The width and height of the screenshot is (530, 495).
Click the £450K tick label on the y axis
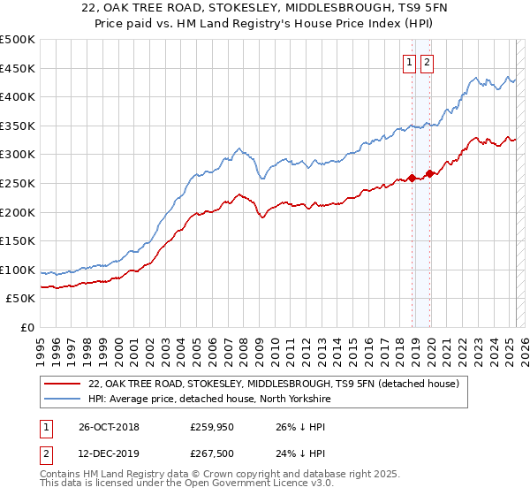pyautogui.click(x=18, y=68)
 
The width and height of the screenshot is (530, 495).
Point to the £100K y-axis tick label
pyautogui.click(x=18, y=270)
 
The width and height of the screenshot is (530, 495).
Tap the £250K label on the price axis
pyautogui.click(x=18, y=183)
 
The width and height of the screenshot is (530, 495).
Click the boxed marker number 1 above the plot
pyautogui.click(x=411, y=63)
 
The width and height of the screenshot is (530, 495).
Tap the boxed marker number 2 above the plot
pyautogui.click(x=427, y=63)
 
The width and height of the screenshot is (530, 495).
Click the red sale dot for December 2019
pyautogui.click(x=429, y=173)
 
